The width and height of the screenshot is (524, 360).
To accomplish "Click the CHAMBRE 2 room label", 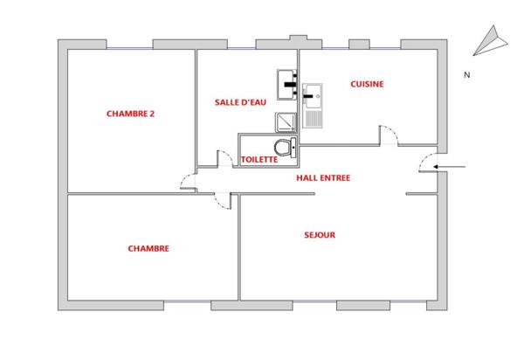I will (x=130, y=113).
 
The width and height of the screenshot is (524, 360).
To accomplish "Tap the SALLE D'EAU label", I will (x=239, y=102).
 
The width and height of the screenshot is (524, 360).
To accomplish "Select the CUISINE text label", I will (x=367, y=84).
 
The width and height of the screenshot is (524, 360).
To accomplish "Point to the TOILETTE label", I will (x=259, y=160).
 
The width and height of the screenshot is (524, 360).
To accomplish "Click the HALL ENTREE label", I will (x=322, y=177).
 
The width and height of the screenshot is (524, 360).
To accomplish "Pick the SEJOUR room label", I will (x=321, y=234).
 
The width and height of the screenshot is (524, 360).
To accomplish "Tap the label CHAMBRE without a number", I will (x=148, y=248).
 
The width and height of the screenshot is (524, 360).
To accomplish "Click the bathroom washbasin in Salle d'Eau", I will (x=288, y=85).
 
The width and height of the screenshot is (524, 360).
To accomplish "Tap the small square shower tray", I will (x=286, y=122).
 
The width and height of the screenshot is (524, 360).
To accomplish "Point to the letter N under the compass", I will (x=467, y=75).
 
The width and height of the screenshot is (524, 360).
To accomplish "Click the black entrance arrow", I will (x=456, y=165).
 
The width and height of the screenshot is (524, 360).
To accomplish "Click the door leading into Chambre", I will (x=226, y=201).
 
